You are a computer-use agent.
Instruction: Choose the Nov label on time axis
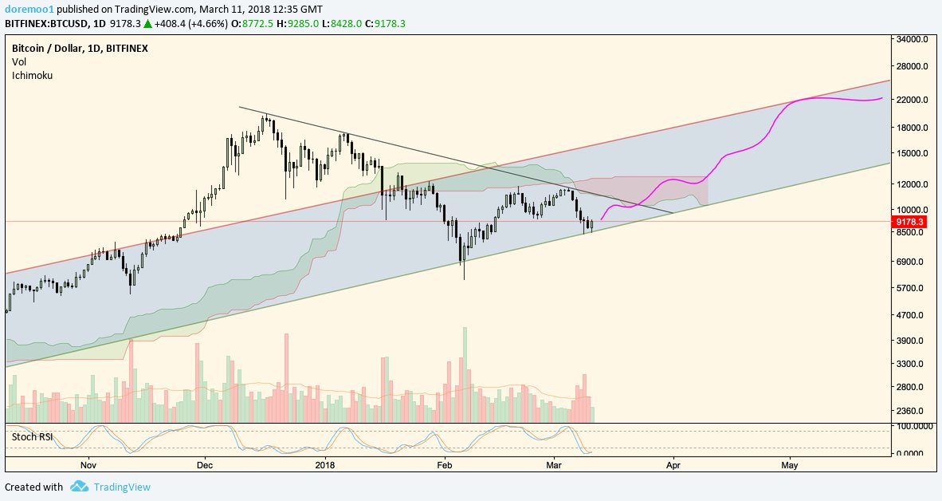point(88,464)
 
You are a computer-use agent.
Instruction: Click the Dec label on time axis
point(204,464)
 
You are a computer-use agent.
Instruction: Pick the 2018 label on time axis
point(325,464)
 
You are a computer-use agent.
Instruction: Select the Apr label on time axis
point(673,464)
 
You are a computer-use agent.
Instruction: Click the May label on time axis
point(790,464)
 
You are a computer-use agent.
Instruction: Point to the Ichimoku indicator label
point(32,75)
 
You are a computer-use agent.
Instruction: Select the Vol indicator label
point(19,61)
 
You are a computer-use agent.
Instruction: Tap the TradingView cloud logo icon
point(78,486)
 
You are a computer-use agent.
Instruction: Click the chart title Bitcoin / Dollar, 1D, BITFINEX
point(80,48)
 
